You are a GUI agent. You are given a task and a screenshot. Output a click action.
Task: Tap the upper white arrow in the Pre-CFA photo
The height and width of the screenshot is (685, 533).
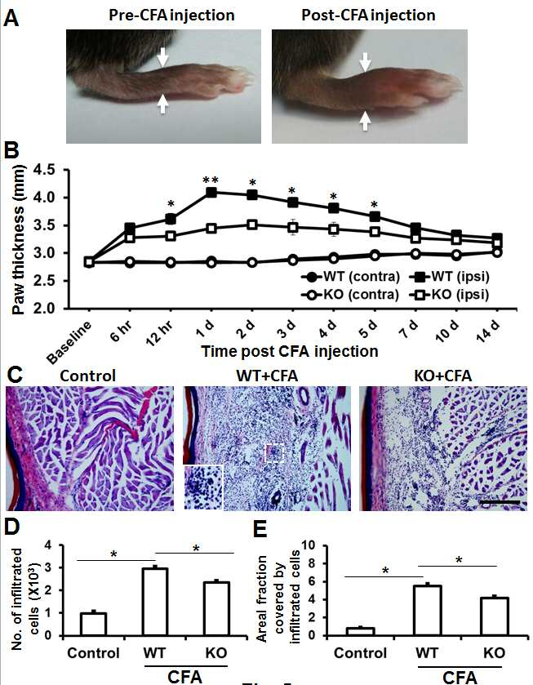click(x=162, y=57)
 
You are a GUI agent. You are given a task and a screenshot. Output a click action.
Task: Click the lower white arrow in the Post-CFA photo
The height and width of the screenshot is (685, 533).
click(x=364, y=121)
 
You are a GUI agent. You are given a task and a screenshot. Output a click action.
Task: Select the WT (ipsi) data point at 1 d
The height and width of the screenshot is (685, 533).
click(x=211, y=192)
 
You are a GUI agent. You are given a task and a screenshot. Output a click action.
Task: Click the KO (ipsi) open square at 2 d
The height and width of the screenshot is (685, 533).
click(x=251, y=225)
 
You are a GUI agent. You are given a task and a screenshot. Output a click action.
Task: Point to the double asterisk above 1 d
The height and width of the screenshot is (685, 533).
click(x=211, y=180)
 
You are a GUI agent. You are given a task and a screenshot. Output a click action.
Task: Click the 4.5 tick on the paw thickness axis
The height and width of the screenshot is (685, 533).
click(x=46, y=170)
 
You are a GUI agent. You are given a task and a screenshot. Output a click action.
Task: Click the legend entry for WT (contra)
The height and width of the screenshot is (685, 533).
click(x=351, y=277)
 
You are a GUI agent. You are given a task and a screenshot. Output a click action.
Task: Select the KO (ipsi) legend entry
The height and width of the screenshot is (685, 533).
click(x=450, y=295)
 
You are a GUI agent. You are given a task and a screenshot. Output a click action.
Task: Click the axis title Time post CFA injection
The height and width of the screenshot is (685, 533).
click(x=289, y=351)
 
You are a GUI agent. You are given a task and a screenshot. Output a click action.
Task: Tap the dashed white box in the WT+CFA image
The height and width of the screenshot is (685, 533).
click(x=275, y=453)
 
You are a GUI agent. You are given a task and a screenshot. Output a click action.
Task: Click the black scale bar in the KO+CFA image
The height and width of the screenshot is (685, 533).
click(x=500, y=502)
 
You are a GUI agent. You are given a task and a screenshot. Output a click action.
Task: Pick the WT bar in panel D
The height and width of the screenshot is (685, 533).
click(x=156, y=602)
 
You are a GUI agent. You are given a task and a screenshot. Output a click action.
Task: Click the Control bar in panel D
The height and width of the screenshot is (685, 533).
click(x=94, y=625)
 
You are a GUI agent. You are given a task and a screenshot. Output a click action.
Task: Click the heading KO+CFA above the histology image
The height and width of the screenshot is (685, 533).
click(x=443, y=376)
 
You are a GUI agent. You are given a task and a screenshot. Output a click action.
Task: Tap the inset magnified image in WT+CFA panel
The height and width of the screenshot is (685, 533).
click(x=203, y=487)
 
